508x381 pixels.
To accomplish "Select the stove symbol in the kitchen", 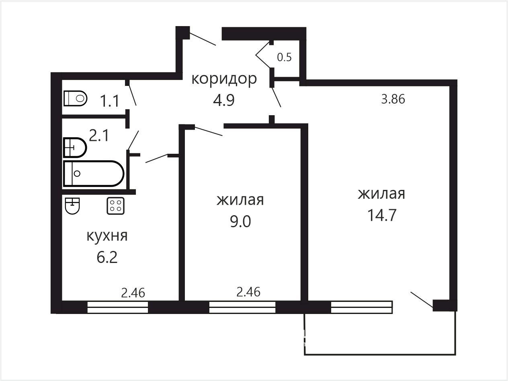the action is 115,206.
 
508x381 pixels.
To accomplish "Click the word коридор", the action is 224,79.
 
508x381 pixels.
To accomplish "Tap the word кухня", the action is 107,236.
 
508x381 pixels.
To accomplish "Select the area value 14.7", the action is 382,215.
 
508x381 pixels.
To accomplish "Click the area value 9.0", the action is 240,221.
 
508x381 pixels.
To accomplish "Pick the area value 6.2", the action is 107,257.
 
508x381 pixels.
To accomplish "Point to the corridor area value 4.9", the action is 224,100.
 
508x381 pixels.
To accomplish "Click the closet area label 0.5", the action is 284,57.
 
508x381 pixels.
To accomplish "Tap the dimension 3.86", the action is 393,99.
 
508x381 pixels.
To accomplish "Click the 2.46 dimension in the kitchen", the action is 133,293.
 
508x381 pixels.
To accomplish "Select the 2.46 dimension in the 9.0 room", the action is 248,292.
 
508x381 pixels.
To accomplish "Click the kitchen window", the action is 118,307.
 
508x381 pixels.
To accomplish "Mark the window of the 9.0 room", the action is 242,307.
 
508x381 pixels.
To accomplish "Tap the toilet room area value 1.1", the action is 109,101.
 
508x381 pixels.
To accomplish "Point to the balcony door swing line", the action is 422,300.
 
